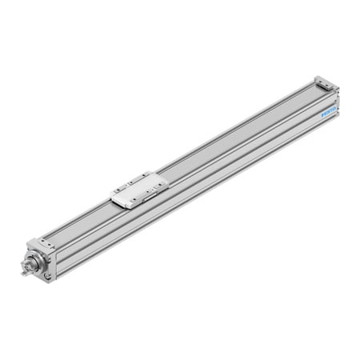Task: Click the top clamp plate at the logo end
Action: coord(326,82)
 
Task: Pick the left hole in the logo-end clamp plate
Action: coord(320,79)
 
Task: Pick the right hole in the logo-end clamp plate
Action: coord(332,86)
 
